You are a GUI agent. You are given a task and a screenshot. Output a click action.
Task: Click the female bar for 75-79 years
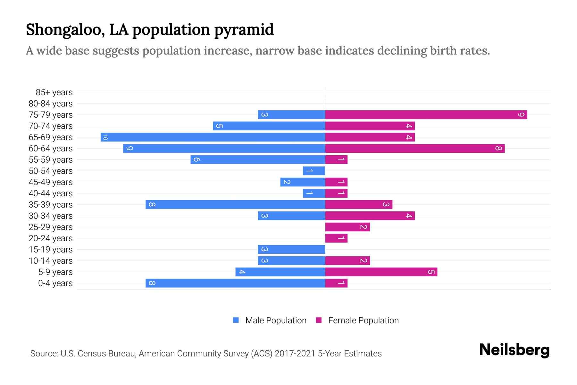pos(426,115)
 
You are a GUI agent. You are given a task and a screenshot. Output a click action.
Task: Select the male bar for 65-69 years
pos(213,137)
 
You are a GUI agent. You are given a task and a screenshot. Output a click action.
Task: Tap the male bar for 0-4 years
pos(235,283)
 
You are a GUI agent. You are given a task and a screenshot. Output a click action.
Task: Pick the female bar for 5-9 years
pos(381,272)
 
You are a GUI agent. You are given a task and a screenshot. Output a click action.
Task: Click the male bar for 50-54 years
pos(314,171)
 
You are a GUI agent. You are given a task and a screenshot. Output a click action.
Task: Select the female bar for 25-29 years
pos(347,227)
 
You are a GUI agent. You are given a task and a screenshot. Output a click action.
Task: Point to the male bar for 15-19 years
pos(291,249)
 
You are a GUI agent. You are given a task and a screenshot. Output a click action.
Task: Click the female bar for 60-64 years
pos(415,148)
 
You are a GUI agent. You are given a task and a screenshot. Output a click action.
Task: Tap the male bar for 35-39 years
pos(235,204)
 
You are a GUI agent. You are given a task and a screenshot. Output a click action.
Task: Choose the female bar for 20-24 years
pos(336,238)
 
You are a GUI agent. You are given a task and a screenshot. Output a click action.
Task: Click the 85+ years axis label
pos(54,92)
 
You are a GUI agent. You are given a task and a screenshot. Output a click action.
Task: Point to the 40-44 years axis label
pos(51,193)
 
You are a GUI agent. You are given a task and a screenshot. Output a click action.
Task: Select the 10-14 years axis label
pos(51,261)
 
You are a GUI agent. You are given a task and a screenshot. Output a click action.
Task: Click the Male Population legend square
pos(236,320)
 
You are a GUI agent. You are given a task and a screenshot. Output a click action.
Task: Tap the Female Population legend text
pos(363,320)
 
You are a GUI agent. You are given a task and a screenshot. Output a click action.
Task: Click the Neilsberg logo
pos(514,350)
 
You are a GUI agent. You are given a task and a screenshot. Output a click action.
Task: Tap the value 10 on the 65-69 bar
pos(105,137)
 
